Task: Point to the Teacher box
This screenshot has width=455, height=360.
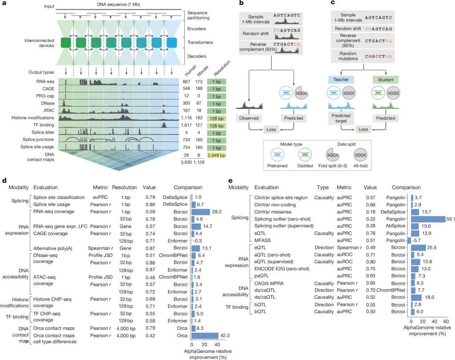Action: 339,80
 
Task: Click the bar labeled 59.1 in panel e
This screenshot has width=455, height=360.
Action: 428,219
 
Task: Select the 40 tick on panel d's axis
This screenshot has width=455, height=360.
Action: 216,344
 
